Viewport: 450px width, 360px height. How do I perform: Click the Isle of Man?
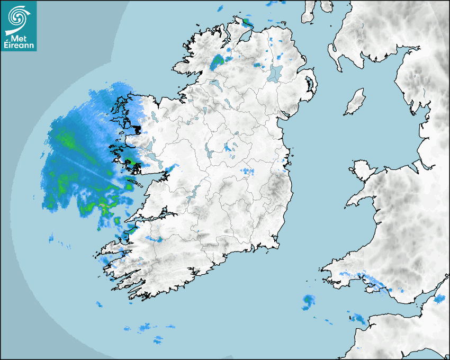coord(355,102)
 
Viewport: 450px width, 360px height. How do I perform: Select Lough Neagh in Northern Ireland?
coord(275,73)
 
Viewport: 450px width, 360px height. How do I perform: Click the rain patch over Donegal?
coord(217,62)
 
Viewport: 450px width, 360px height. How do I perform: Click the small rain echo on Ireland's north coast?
coord(246,22)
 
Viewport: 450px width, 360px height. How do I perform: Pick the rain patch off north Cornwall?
coord(358,319)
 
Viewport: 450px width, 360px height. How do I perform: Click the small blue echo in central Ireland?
coord(247,172)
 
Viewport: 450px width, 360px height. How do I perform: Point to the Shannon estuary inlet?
coord(154,217)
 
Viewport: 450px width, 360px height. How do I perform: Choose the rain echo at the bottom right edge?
coord(438,299)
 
